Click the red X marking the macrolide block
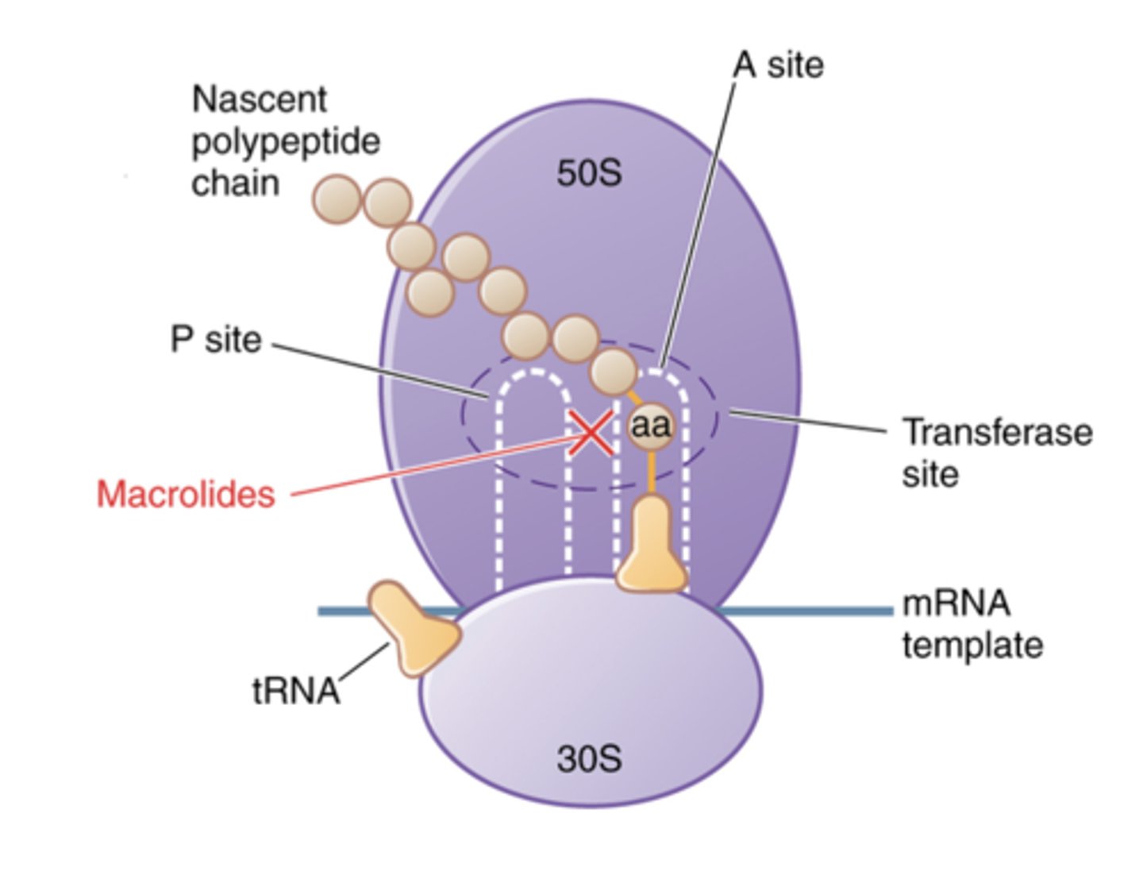[591, 434]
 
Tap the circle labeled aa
[650, 426]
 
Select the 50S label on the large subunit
[589, 173]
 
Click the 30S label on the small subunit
[589, 759]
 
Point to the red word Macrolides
[186, 494]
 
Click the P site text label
[216, 340]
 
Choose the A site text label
[779, 65]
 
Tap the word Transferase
[997, 433]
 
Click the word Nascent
[260, 100]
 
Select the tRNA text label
[296, 691]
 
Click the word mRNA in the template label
[956, 603]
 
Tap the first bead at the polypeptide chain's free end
[337, 198]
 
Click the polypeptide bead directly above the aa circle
[614, 370]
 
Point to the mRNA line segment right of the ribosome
[810, 611]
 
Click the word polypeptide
[286, 142]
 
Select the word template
[972, 645]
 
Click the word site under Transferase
[930, 475]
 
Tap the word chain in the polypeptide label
[236, 183]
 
